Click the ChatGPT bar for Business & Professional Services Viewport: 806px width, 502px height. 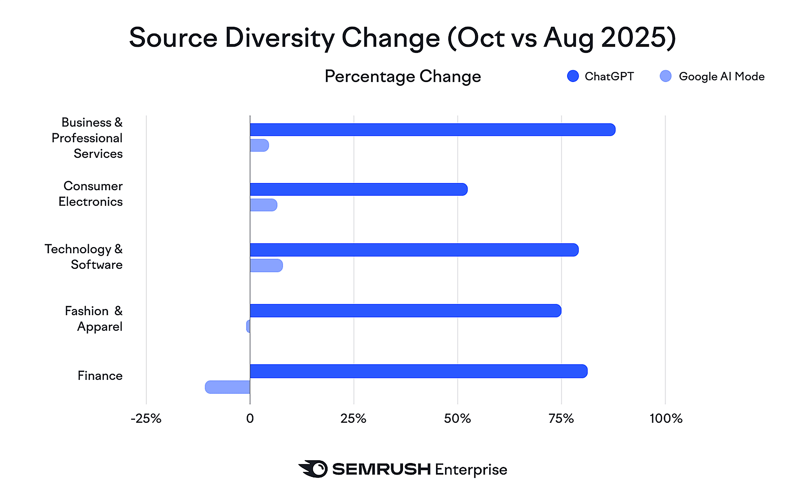(432, 130)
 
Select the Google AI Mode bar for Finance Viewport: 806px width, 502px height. (228, 387)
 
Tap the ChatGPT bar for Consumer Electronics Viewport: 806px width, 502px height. (358, 189)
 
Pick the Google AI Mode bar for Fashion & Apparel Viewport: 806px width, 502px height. (248, 326)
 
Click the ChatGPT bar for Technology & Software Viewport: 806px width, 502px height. (414, 250)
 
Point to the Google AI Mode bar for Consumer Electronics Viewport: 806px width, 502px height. (263, 205)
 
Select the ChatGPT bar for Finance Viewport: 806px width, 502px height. (418, 371)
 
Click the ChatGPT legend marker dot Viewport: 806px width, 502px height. (573, 76)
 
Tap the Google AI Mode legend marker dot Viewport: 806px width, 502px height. (665, 76)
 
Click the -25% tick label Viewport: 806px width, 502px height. (146, 418)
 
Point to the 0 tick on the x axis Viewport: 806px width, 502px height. (250, 418)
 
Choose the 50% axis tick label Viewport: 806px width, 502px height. (457, 418)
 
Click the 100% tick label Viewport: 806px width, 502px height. (665, 418)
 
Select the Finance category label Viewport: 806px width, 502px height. (100, 375)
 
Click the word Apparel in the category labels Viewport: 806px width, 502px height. (100, 327)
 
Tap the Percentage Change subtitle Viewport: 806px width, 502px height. (403, 76)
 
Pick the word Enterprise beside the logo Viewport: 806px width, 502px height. (471, 469)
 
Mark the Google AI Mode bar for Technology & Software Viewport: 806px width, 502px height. (266, 265)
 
